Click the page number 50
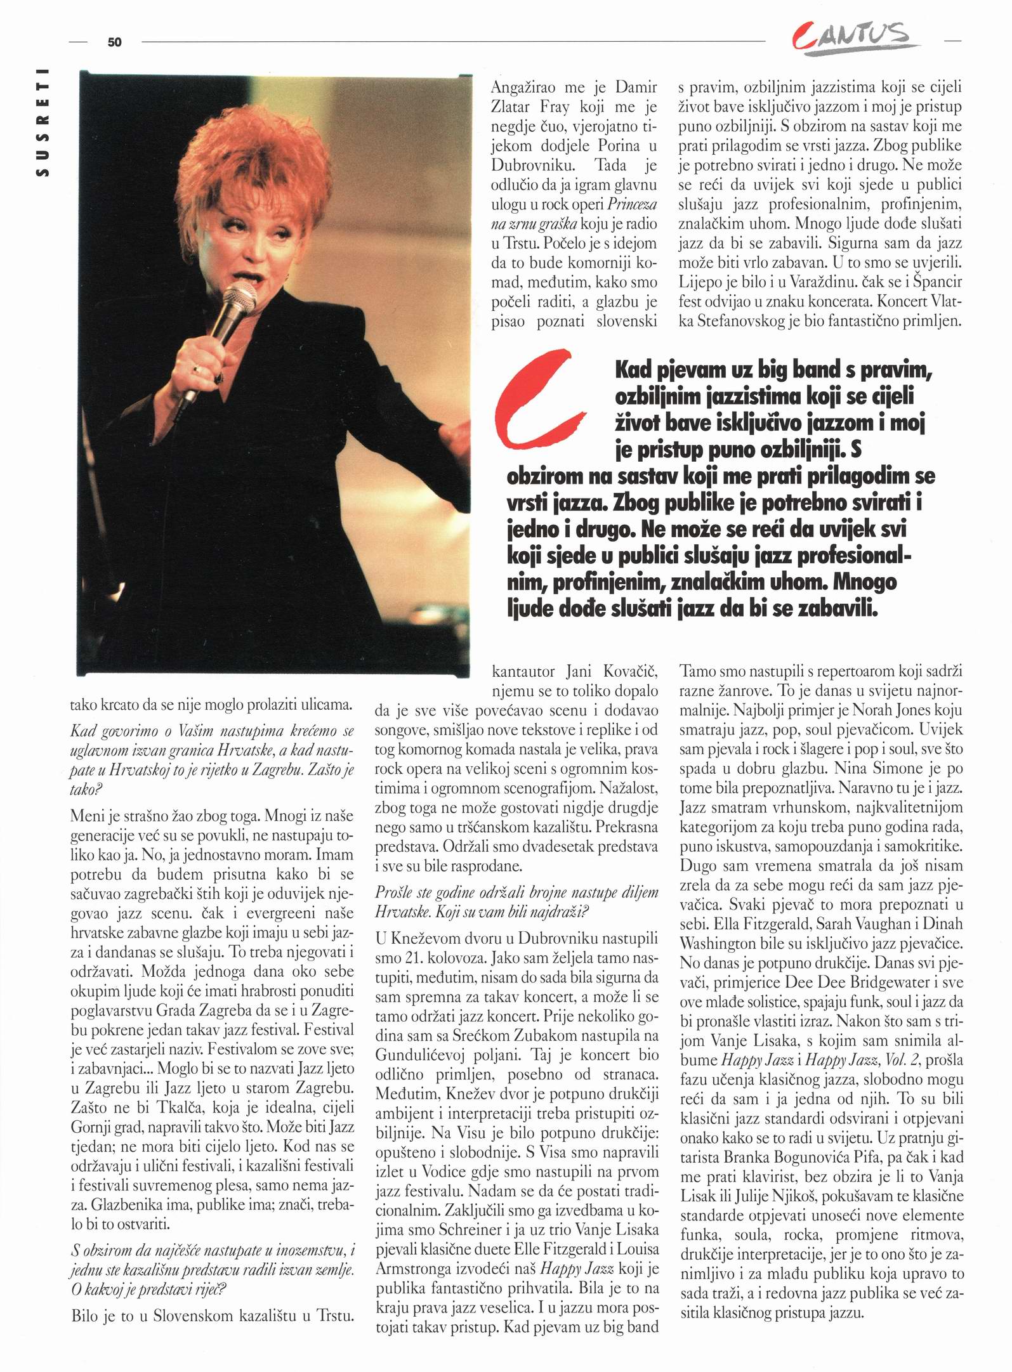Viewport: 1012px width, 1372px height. (x=114, y=42)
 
